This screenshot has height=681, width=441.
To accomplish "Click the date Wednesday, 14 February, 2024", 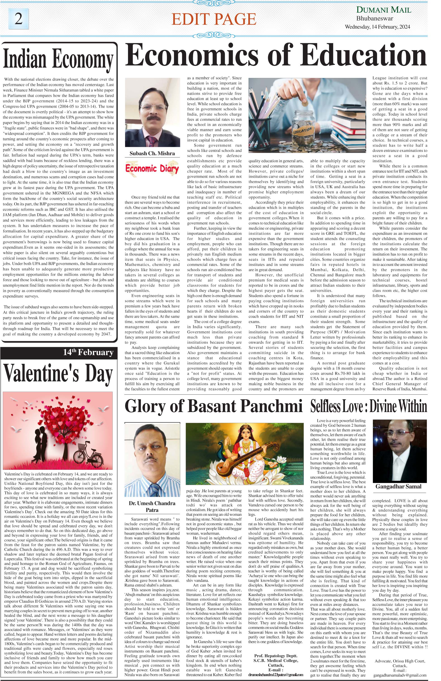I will pos(377,27).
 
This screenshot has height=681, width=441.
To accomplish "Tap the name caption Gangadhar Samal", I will pos(398,486).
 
